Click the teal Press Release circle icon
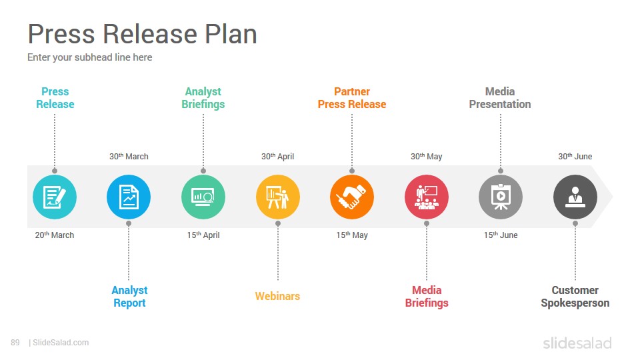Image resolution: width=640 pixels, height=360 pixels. (x=55, y=197)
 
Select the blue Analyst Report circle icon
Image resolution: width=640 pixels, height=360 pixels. (x=129, y=197)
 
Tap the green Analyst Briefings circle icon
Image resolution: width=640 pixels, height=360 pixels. (x=203, y=197)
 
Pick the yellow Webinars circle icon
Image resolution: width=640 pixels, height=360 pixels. (x=278, y=197)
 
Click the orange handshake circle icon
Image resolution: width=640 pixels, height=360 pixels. (x=352, y=197)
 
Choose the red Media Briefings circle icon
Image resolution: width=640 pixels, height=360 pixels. (x=427, y=197)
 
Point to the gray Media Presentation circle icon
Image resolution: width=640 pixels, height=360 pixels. (x=501, y=197)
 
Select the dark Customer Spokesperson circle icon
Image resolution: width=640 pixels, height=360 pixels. (x=575, y=197)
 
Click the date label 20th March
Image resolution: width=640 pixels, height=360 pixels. (x=55, y=235)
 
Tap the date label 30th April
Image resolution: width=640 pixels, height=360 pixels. (x=277, y=156)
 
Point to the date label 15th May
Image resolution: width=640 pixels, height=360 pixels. (x=352, y=235)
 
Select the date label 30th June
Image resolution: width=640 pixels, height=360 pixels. (x=575, y=156)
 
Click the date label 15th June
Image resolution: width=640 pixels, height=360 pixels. (x=501, y=235)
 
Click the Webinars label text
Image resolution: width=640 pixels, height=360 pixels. (x=277, y=296)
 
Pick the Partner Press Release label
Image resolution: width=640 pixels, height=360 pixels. (x=352, y=98)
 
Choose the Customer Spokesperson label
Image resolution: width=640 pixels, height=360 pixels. (x=575, y=297)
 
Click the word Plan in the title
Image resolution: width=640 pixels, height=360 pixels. (x=231, y=33)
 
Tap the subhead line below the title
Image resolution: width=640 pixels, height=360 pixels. (x=90, y=57)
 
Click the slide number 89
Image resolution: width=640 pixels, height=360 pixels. (x=15, y=343)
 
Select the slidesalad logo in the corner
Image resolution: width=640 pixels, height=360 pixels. (x=577, y=343)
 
